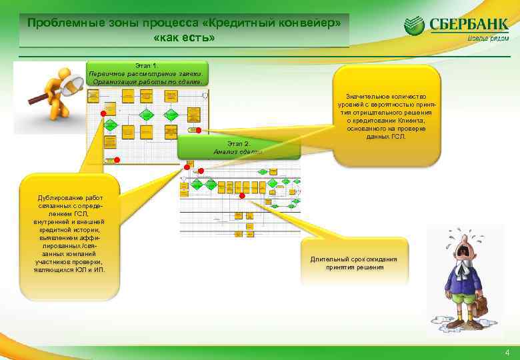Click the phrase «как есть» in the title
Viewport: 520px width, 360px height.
[x=184, y=38]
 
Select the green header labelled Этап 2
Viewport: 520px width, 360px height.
[x=239, y=148]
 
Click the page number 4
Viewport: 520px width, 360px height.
[x=507, y=353]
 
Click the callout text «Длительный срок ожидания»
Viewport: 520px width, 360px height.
[x=354, y=259]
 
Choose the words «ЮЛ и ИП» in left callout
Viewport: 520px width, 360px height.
[x=91, y=269]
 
